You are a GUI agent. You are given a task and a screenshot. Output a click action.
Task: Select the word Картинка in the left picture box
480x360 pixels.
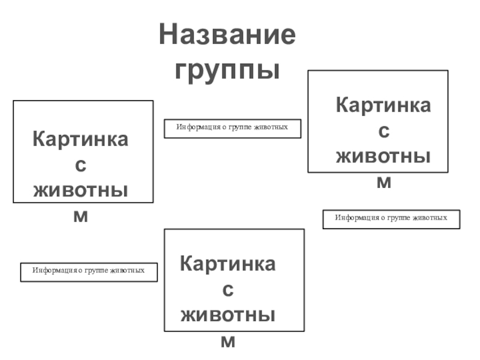(x=80, y=139)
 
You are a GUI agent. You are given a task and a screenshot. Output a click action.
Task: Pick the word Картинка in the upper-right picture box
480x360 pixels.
(x=383, y=106)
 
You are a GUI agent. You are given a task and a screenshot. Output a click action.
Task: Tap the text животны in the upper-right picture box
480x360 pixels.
(x=383, y=156)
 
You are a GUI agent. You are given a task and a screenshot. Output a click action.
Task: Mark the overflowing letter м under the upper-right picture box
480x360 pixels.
(x=383, y=182)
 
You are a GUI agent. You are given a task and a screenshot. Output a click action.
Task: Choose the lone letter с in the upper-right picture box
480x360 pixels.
(x=383, y=131)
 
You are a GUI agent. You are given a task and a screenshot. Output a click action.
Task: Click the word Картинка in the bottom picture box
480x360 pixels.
(x=228, y=264)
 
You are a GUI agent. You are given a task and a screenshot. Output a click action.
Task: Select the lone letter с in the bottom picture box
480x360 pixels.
(x=228, y=290)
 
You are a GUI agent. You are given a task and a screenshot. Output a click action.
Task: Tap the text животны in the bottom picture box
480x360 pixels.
(x=228, y=316)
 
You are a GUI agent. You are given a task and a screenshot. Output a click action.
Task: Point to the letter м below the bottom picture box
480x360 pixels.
(x=228, y=341)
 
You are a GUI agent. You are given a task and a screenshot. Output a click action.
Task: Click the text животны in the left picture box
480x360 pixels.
(x=80, y=190)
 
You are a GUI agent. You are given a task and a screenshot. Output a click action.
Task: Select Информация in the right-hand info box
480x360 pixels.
(x=353, y=217)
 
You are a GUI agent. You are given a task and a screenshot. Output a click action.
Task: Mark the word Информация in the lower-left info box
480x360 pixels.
(x=50, y=271)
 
